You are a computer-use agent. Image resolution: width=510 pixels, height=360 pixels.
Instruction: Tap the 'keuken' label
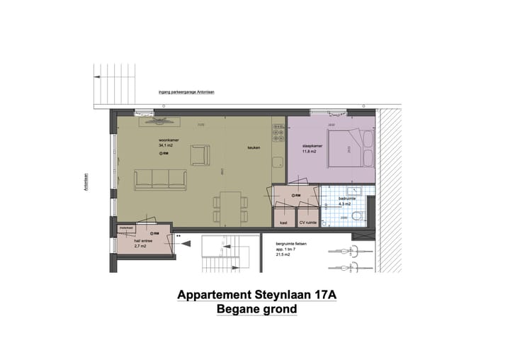tap(254, 148)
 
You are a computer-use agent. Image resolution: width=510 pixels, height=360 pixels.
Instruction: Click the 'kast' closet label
tap(283, 223)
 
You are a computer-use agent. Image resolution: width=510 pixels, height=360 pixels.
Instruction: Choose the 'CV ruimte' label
tap(307, 223)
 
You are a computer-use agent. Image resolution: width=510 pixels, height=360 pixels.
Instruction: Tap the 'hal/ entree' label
tap(144, 241)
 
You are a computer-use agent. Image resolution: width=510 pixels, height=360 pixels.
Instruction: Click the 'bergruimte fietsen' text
tap(290, 243)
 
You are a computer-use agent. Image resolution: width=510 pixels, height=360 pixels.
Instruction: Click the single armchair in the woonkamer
tap(200, 154)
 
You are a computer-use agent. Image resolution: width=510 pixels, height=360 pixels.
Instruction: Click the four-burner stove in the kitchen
tap(278, 133)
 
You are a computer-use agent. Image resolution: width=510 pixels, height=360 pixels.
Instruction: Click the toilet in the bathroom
tap(358, 217)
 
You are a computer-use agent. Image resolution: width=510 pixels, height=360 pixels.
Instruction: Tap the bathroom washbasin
tap(358, 190)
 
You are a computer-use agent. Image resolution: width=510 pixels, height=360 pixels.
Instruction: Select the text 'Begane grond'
tap(256, 310)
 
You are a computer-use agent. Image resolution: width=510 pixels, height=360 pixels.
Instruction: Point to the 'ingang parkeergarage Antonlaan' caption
tap(186, 92)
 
